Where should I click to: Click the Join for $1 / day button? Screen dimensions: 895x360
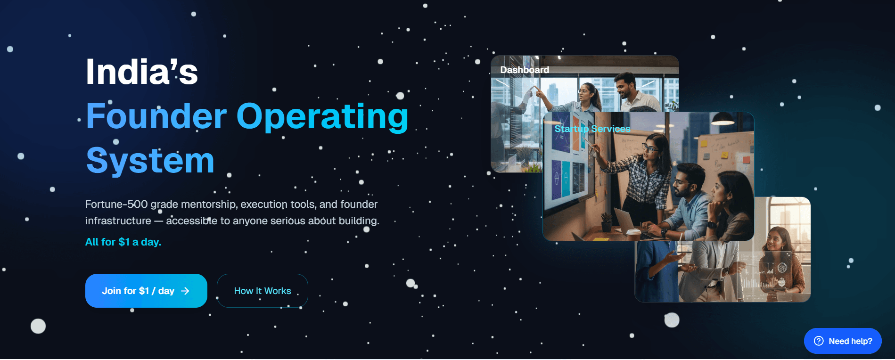146,291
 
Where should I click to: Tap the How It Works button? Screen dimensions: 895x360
263,291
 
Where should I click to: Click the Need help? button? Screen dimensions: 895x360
843,341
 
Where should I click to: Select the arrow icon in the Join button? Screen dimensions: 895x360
185,291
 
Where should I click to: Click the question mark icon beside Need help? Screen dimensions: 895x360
819,341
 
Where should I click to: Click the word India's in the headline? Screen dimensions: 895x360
142,72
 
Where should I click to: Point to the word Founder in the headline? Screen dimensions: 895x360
156,116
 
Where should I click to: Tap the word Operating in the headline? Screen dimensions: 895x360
322,117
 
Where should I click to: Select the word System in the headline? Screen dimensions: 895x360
150,161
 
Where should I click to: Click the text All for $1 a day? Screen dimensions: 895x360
123,242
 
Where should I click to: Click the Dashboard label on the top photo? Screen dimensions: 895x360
525,70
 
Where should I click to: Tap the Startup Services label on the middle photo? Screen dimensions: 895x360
592,129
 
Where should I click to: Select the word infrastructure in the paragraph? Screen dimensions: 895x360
118,221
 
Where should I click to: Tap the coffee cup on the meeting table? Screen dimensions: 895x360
633,233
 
